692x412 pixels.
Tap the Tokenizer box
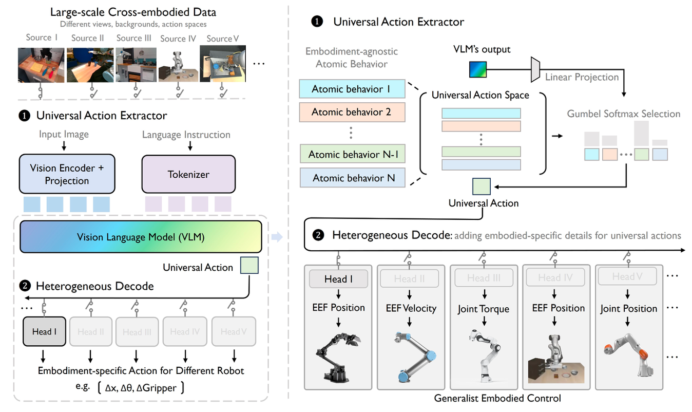[188, 174]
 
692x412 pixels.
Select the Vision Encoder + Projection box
[66, 174]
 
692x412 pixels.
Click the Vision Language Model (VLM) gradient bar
[141, 236]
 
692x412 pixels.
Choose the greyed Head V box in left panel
[234, 331]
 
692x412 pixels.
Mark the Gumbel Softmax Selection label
[623, 114]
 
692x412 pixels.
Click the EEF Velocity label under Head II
[411, 308]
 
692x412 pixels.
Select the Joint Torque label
[483, 309]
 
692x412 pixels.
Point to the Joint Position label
[628, 309]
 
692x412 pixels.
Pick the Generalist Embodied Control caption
[497, 398]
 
